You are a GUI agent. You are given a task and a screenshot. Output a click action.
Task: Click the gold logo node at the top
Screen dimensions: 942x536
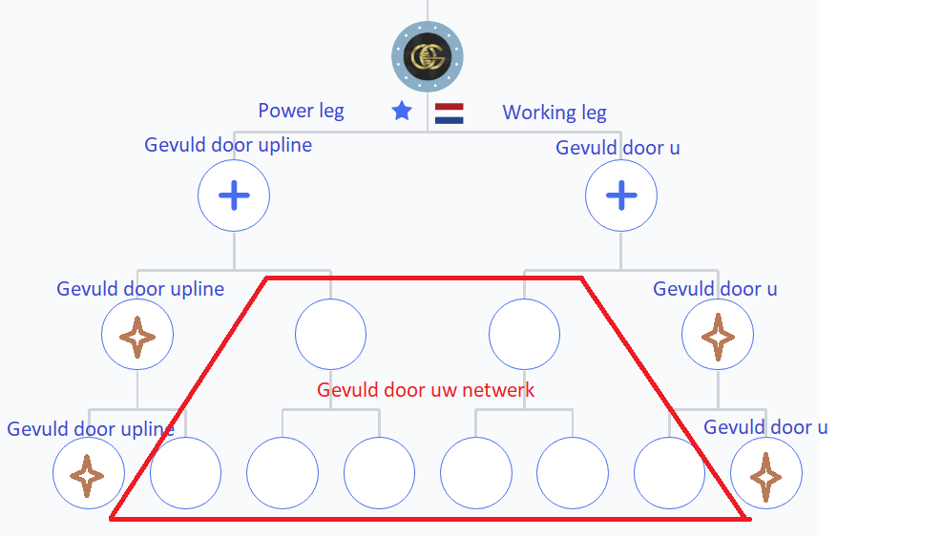click(x=428, y=57)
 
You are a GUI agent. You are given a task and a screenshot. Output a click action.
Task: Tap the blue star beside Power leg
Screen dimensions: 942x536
click(x=402, y=111)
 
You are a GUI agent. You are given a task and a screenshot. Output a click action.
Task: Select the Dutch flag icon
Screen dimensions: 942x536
click(x=449, y=113)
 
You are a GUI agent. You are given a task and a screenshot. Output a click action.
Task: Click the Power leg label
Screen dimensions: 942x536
click(x=301, y=111)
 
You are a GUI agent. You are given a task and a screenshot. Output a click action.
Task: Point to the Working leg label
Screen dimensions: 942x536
click(x=555, y=113)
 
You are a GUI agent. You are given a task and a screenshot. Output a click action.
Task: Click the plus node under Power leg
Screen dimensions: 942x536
click(x=234, y=196)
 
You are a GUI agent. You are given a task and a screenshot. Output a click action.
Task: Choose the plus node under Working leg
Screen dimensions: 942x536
click(x=621, y=196)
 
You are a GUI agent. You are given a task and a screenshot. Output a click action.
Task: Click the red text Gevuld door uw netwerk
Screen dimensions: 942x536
click(x=426, y=390)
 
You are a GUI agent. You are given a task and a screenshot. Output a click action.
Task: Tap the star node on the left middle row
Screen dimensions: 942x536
click(x=137, y=335)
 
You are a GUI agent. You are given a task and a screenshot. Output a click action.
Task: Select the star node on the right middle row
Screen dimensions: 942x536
click(x=718, y=335)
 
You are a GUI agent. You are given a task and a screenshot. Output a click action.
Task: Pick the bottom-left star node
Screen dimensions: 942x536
click(x=89, y=473)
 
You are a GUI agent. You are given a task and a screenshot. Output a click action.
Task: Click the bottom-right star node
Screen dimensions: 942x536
click(x=766, y=473)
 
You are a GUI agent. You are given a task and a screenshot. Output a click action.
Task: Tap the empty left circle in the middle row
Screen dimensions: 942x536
click(x=330, y=335)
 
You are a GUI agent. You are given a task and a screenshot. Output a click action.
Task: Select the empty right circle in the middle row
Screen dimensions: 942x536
click(x=525, y=335)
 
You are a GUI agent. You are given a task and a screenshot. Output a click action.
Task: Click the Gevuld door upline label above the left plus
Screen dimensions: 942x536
click(x=228, y=145)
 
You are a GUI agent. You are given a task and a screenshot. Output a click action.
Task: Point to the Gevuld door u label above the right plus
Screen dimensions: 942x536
click(x=618, y=148)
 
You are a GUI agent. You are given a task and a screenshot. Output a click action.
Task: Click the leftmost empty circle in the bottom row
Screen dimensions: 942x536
click(x=186, y=473)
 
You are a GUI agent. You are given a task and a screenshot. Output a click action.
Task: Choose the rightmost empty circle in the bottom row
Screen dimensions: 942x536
click(x=669, y=473)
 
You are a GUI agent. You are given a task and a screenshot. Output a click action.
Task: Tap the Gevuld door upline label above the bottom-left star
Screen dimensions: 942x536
click(x=91, y=429)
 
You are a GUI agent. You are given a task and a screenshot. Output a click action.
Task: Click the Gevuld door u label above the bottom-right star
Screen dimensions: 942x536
click(x=765, y=427)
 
